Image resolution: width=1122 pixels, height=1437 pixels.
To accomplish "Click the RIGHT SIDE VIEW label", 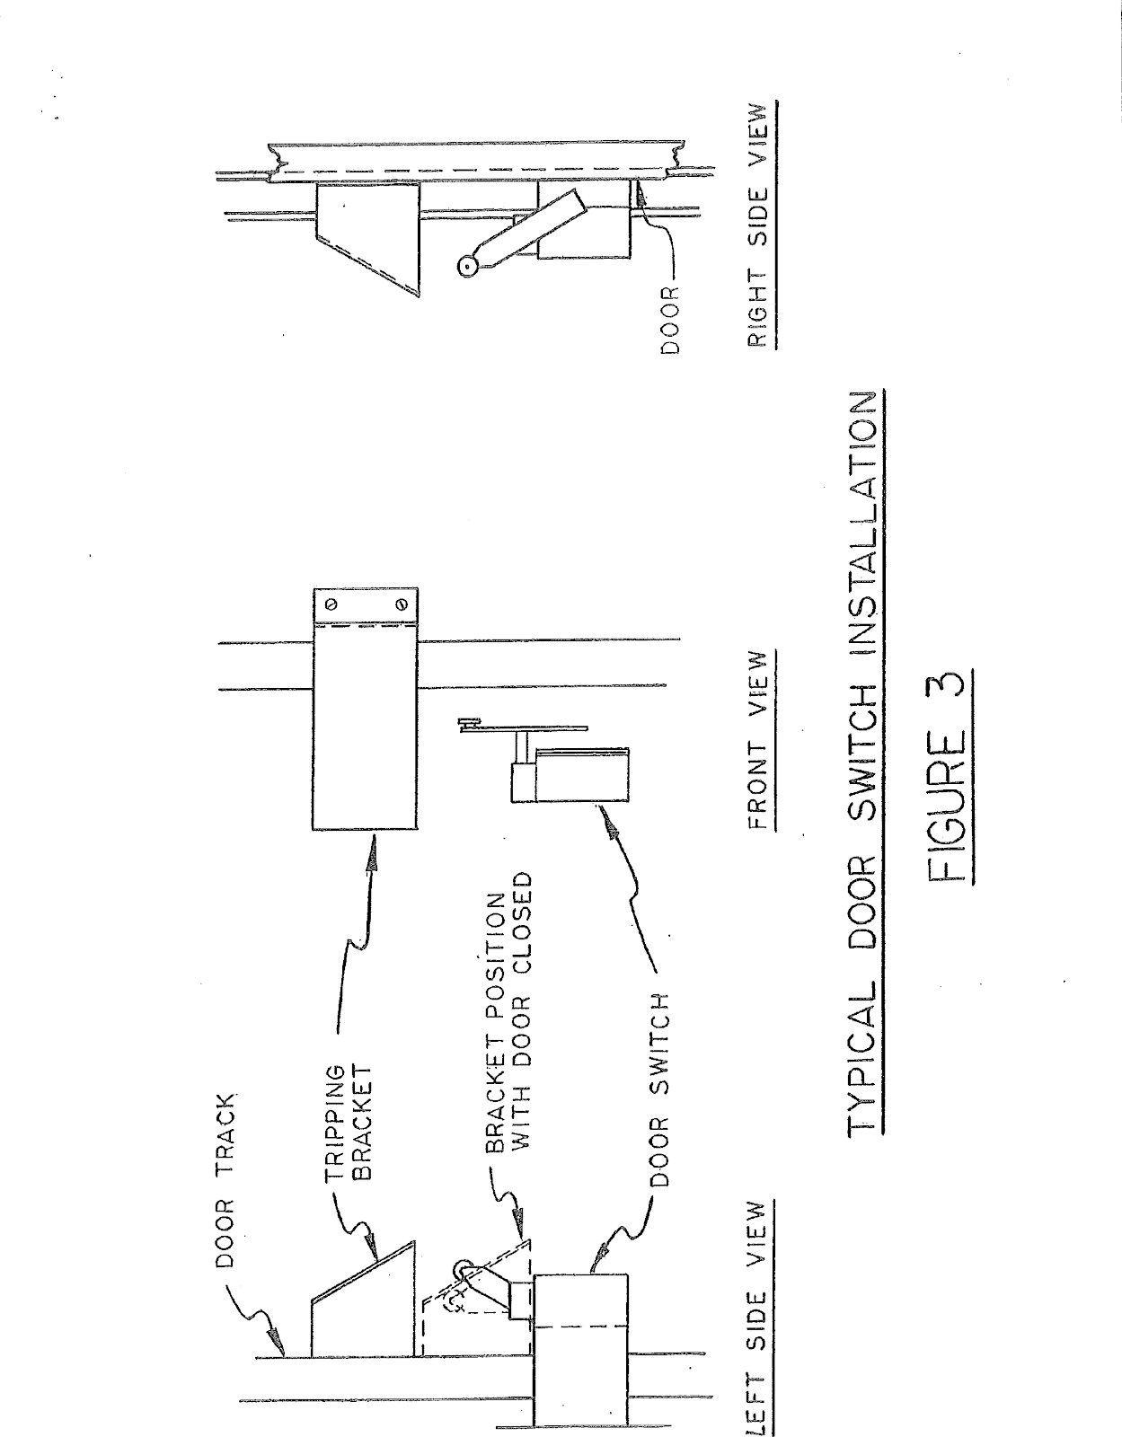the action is tap(759, 225).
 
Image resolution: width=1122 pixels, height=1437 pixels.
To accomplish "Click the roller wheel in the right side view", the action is tap(466, 267).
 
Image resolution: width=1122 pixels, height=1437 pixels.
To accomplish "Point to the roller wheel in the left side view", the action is tap(464, 1270).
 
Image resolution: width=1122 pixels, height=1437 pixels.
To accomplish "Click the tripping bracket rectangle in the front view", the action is tap(366, 727).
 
